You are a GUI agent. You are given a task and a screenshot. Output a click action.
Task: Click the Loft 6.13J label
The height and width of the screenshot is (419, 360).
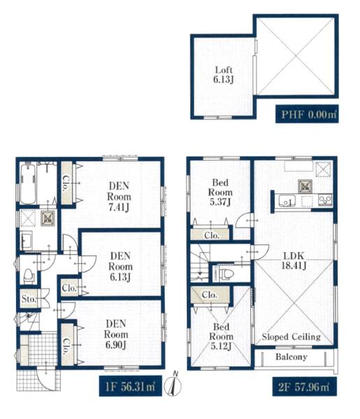pos(223,75)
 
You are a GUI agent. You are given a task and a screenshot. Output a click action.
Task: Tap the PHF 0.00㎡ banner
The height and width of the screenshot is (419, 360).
pos(307,114)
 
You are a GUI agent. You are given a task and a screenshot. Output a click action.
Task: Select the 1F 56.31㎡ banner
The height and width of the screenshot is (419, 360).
pos(130,386)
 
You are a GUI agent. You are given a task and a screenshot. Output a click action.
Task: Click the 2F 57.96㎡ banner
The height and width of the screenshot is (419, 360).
pos(304,387)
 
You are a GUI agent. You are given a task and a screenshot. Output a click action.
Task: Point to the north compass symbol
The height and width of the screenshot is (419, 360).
pos(173,384)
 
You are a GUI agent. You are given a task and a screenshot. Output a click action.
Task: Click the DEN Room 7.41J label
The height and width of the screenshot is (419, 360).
pos(119,196)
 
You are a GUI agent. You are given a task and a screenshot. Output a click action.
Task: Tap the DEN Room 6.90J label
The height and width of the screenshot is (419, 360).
pos(116,335)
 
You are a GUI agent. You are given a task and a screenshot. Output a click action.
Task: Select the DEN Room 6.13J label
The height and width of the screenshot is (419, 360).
pos(120,267)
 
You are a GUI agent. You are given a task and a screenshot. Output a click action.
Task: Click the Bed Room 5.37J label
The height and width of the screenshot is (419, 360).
pos(220,192)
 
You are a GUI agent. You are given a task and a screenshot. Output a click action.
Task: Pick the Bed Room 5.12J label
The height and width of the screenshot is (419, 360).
pos(221,337)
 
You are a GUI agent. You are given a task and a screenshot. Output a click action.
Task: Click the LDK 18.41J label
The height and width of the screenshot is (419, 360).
pos(294,260)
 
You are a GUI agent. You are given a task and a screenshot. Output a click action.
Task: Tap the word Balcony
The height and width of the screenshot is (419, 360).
pos(292,357)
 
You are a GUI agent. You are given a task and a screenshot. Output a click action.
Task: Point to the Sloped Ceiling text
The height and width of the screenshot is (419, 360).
pos(291,337)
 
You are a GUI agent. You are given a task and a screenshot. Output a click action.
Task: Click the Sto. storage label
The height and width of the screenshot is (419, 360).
pos(29,298)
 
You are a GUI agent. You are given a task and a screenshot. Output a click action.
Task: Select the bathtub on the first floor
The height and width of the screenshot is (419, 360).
pos(28,184)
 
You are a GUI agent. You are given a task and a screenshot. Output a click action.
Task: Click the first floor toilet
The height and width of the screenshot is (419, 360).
pos(29,276)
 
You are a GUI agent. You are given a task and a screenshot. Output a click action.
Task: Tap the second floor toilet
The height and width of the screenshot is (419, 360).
pos(224,273)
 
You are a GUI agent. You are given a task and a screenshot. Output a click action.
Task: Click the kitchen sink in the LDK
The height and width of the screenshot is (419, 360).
pos(287,200)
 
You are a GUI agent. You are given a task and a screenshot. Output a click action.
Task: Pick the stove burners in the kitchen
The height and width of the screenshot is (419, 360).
pos(325,200)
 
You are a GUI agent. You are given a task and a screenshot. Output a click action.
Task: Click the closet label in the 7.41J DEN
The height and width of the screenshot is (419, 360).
pos(65,184)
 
